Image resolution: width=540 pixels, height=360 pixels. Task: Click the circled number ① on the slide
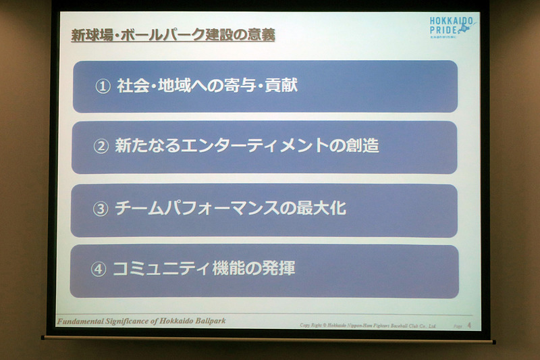pos(103,87)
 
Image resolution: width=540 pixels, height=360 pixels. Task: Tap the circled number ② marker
pos(101,147)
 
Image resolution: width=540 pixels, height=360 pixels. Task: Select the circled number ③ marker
pos(100,209)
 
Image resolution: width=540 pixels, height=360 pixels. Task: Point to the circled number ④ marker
pos(99,269)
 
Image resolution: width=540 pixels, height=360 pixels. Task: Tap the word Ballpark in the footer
pos(205,319)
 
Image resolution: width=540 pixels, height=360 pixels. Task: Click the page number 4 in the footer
pos(468,326)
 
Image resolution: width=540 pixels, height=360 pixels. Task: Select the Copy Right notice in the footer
pos(368,326)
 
